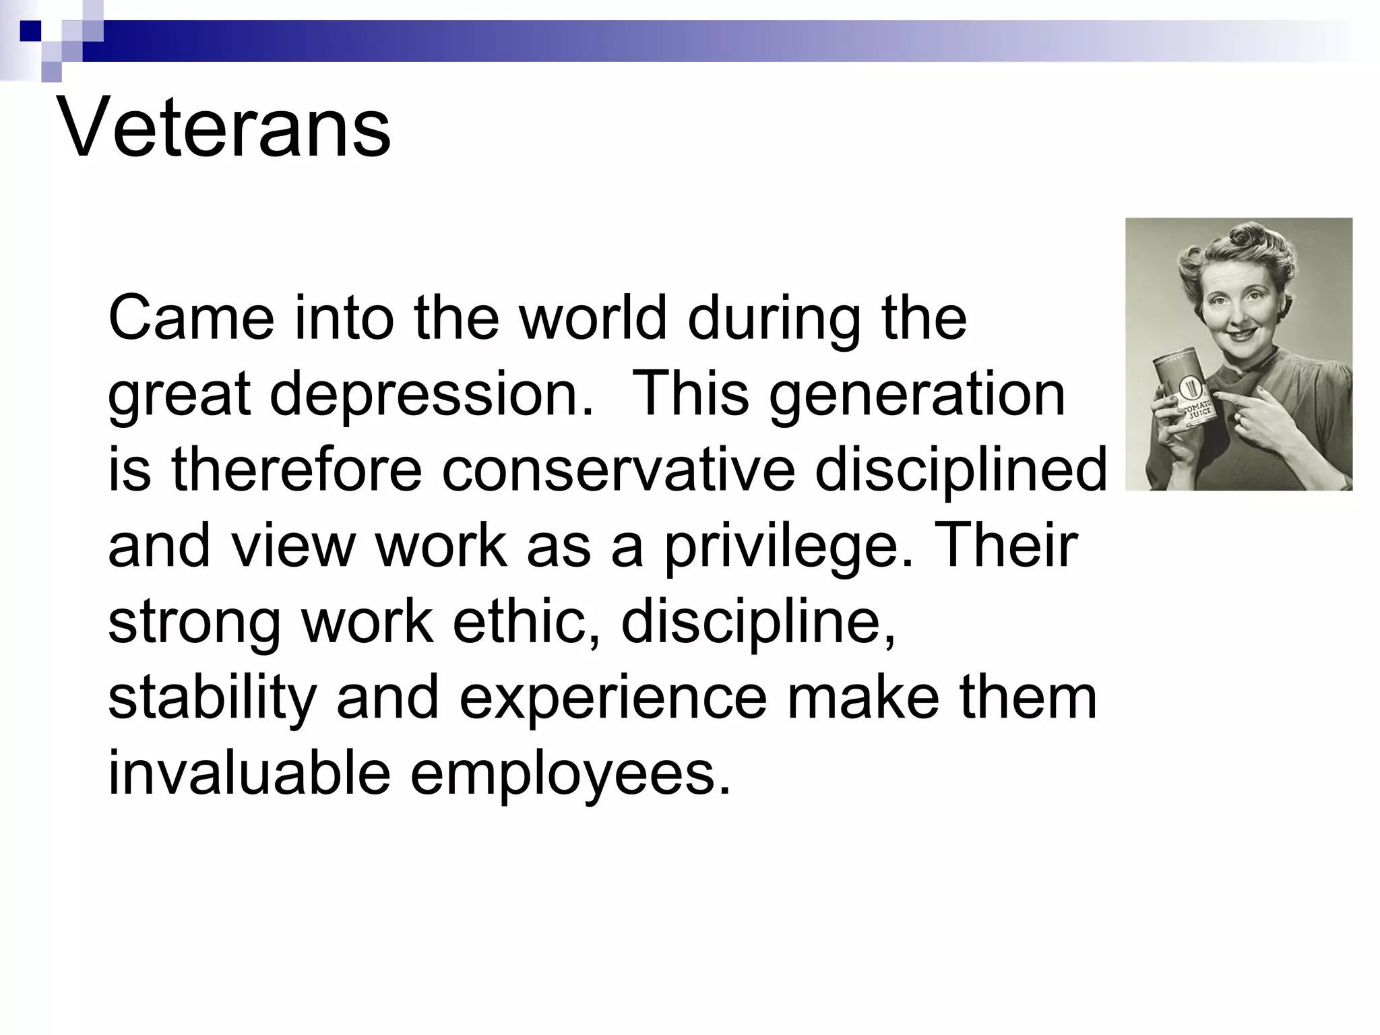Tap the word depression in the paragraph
[x=431, y=395]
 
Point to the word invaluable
[x=249, y=773]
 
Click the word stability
[x=212, y=698]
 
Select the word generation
[x=917, y=395]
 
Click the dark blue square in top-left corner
[x=30, y=30]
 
